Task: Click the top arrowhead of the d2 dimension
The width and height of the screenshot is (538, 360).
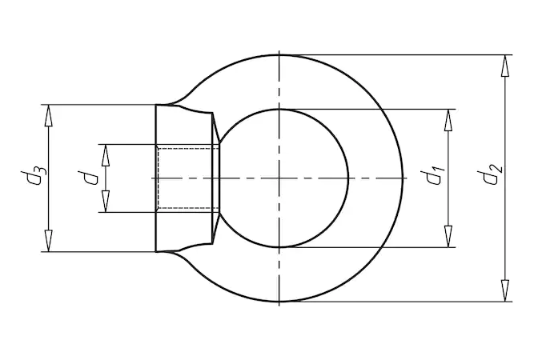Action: tap(504, 65)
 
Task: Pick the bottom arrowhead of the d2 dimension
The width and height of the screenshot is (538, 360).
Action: tap(504, 291)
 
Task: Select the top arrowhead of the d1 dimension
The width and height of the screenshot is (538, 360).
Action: tap(448, 119)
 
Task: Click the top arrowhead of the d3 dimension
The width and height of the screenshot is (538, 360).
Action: tap(48, 114)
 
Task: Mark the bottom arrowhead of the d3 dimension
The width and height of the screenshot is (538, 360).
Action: tap(48, 242)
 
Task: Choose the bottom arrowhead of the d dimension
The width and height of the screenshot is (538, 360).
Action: tap(104, 202)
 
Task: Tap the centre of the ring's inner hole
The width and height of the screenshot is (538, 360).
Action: tap(280, 178)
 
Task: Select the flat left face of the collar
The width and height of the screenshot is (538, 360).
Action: tap(156, 178)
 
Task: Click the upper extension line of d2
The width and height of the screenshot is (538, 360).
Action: tap(400, 54)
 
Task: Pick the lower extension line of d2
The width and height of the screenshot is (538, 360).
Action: tap(400, 302)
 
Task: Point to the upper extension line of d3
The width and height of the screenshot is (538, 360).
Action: tap(96, 104)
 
